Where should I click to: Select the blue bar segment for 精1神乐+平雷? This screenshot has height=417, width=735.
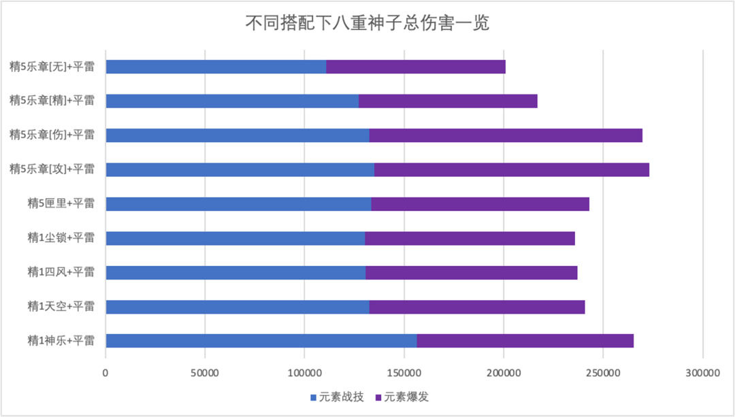pos(261,341)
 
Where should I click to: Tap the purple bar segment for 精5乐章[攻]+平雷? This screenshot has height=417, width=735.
pos(511,169)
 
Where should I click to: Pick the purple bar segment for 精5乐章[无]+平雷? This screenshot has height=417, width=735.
pos(416,67)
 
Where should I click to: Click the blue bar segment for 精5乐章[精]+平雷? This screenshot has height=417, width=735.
pos(232,101)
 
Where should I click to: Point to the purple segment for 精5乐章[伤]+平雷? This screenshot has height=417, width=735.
pos(506,135)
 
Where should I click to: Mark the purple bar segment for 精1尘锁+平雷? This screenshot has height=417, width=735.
pos(470,238)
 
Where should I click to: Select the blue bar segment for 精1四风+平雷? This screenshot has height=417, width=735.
pos(235,272)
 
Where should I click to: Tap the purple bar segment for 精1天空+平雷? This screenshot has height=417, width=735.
pos(477,307)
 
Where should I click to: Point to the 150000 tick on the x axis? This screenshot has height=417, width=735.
pos(404,373)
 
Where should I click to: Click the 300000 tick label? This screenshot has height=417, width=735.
pos(702,373)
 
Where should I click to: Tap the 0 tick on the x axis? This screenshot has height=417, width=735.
pos(105,373)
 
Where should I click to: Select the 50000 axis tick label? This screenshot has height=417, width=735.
pos(205,373)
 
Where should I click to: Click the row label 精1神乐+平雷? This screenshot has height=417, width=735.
pos(61,341)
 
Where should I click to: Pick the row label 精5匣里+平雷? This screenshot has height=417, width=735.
pos(61,204)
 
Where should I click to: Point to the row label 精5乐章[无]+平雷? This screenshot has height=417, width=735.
pos(52,67)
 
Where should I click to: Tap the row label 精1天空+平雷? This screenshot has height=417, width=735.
pos(61,307)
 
